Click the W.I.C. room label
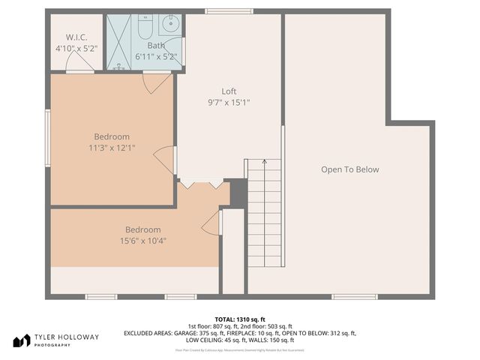point(76,37)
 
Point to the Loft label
point(229,91)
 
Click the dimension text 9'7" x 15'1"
point(229,103)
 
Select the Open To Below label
point(350,169)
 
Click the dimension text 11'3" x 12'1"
point(112,148)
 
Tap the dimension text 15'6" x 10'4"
point(143,241)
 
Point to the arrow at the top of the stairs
point(265,162)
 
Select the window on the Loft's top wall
point(222,10)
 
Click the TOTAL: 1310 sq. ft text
point(240,318)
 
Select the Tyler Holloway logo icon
point(21,340)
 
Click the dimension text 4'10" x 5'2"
point(76,48)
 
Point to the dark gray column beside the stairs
point(238,193)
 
